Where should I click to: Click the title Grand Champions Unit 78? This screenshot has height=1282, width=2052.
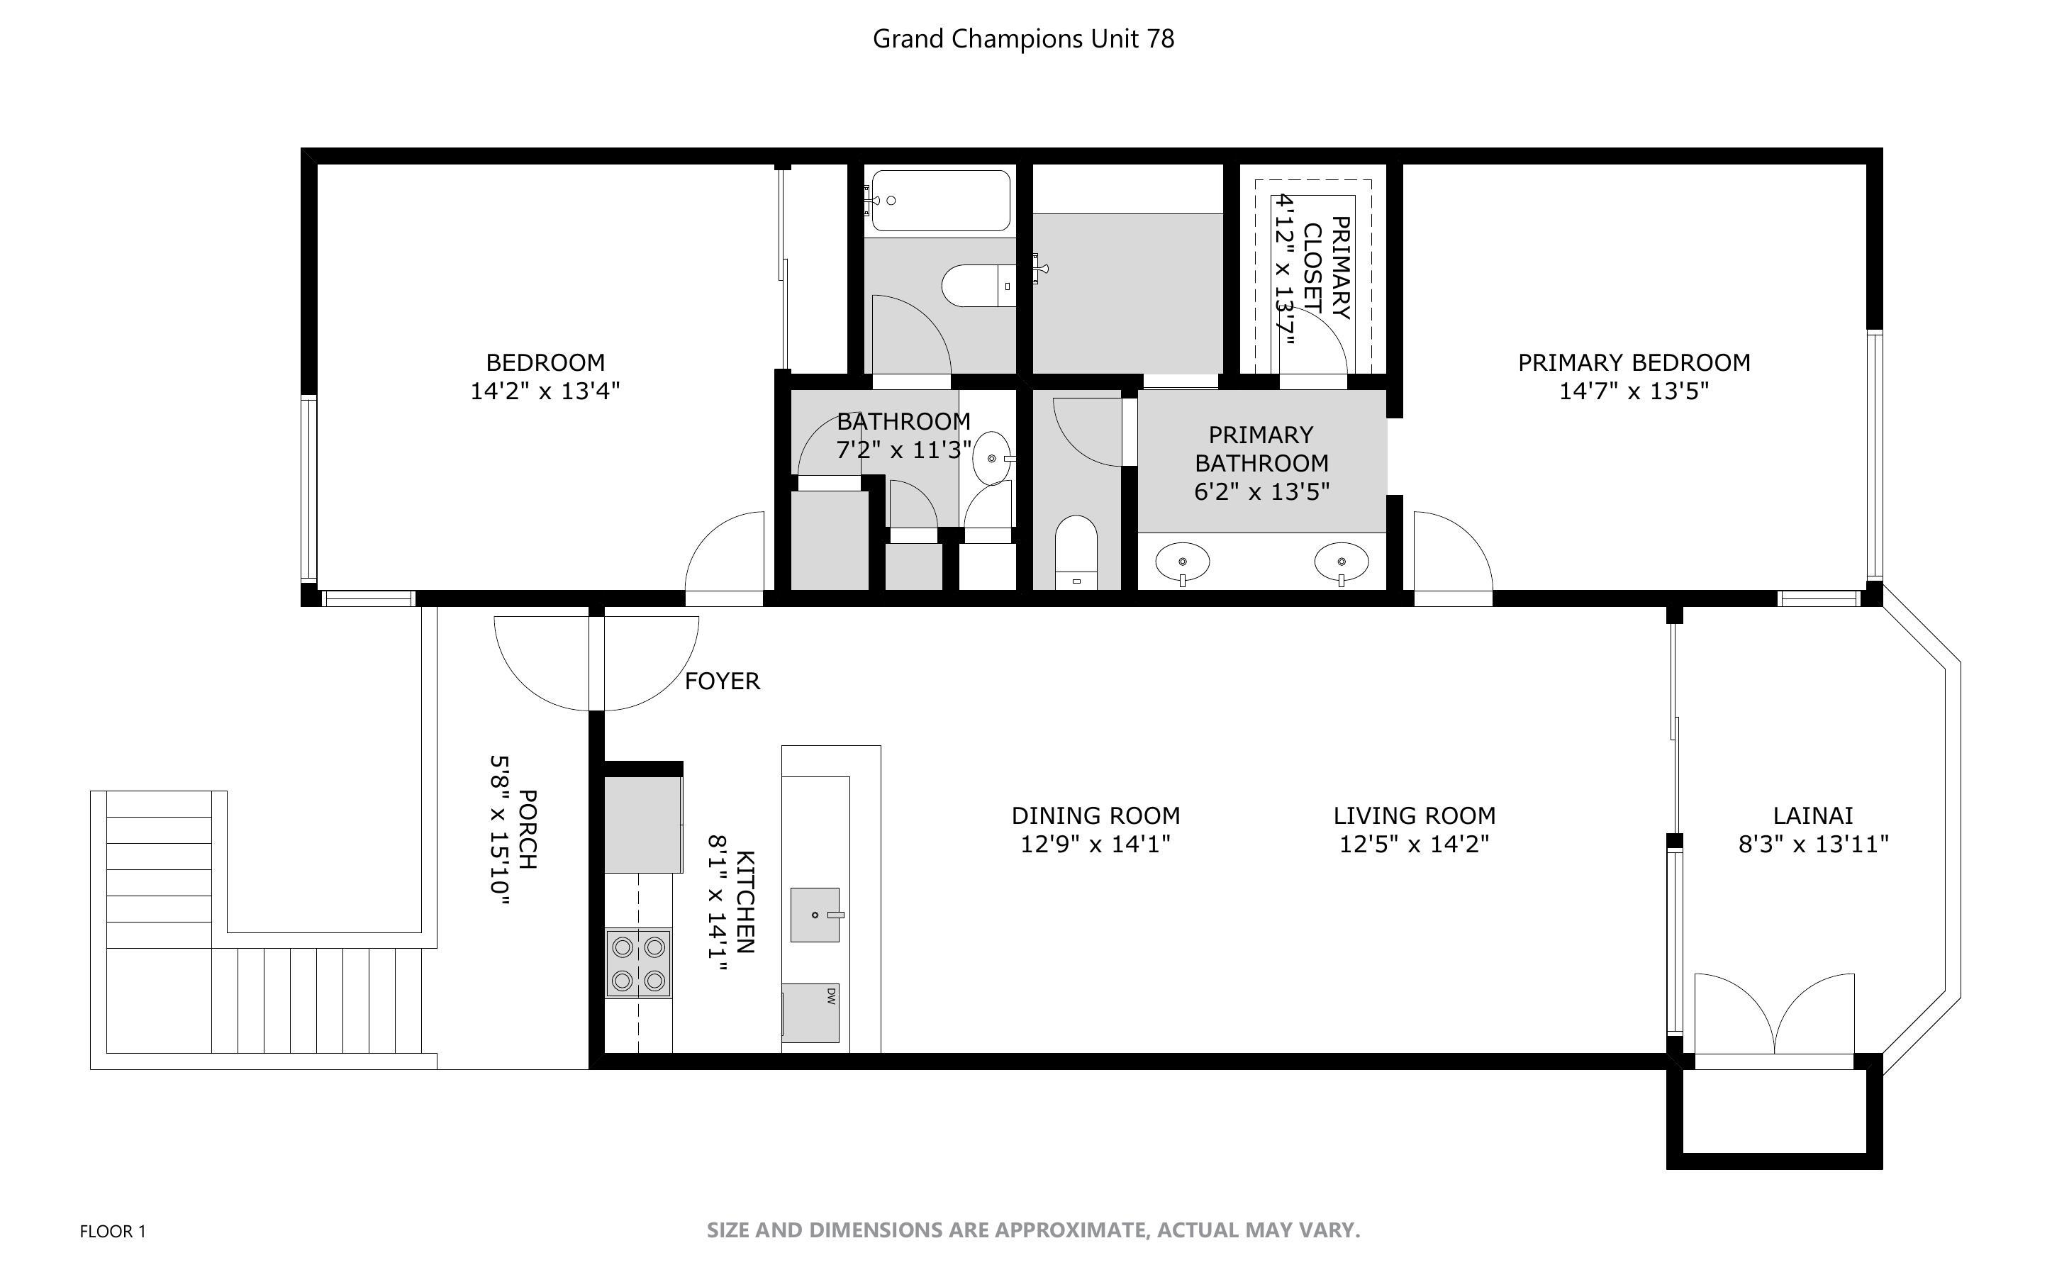[x=1023, y=39]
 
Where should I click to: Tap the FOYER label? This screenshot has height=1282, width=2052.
[x=722, y=681]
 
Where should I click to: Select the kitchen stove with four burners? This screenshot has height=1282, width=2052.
[x=638, y=963]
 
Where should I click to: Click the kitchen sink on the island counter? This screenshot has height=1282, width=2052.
[x=815, y=915]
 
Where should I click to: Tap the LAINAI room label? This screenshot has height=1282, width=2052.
[x=1813, y=815]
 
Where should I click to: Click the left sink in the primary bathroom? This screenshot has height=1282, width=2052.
[x=1183, y=562]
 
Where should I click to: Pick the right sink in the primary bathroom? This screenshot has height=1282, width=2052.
[x=1341, y=562]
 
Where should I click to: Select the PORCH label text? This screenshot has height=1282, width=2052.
[x=526, y=829]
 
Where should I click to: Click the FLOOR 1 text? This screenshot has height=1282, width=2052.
[x=113, y=1231]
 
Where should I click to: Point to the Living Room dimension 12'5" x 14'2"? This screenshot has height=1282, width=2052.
[x=1414, y=845]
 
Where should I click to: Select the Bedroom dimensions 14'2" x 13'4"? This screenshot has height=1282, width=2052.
[x=545, y=391]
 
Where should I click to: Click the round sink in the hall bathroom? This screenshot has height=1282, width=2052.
[x=993, y=459]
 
